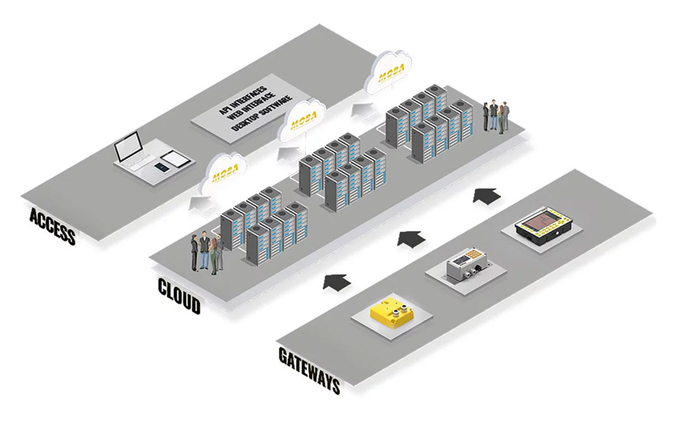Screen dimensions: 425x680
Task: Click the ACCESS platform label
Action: tap(52, 226)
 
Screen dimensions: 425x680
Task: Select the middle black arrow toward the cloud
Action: tap(412, 237)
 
